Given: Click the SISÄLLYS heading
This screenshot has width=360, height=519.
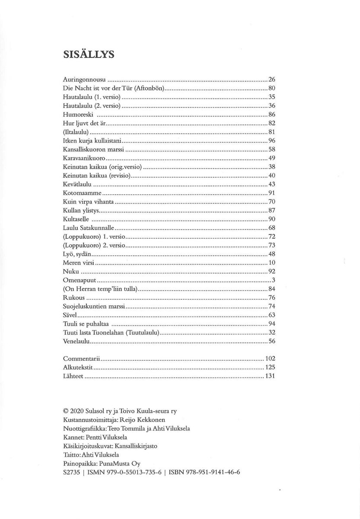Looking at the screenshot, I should (88, 54).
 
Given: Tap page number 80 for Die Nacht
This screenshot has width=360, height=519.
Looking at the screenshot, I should (272, 88).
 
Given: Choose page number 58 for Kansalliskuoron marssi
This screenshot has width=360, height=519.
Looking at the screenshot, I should (272, 150).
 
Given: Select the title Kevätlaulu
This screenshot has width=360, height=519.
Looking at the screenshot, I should (77, 185).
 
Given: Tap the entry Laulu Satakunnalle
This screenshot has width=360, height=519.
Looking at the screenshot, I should (89, 228).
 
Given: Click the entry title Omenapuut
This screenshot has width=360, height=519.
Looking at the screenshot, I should (79, 280).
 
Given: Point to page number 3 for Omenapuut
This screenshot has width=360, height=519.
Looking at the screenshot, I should (274, 280).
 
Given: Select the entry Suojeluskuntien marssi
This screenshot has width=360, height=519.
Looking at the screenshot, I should (94, 307).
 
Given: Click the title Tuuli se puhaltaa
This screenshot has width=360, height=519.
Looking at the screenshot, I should (87, 324).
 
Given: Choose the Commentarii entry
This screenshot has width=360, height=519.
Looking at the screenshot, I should (82, 359).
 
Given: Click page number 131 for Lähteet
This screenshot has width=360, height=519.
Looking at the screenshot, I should (270, 377).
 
